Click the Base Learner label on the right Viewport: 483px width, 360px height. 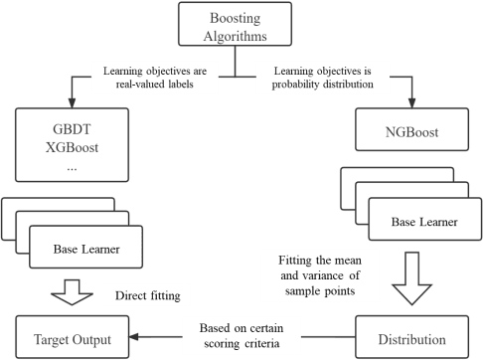[416, 223]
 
